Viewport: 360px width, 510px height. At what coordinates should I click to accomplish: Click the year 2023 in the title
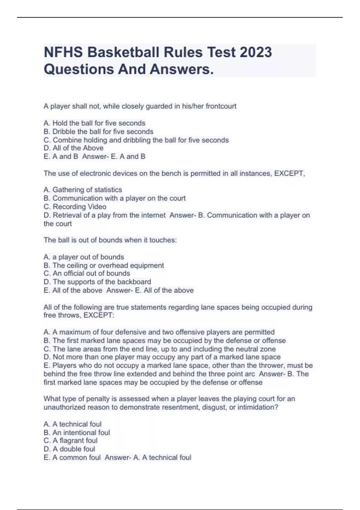[256, 52]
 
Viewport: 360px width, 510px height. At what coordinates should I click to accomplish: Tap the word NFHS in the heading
[63, 52]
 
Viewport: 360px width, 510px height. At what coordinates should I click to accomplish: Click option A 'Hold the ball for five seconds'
[94, 123]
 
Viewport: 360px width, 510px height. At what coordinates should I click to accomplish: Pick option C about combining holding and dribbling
[136, 140]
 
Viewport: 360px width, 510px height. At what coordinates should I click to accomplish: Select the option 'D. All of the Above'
[73, 148]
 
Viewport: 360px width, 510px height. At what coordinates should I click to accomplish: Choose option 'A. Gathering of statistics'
[83, 190]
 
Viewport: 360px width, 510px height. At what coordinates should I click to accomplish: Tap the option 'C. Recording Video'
[75, 207]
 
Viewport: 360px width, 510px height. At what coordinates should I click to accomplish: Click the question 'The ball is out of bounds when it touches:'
[110, 240]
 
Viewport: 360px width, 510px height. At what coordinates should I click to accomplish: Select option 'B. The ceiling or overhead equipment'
[104, 265]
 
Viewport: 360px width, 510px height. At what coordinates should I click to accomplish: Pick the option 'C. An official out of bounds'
[87, 273]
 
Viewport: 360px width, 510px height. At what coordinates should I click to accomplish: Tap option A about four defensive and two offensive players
[159, 332]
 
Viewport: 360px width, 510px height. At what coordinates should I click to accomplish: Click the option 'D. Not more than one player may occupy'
[162, 357]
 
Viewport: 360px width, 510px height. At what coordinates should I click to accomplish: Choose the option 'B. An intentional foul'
[77, 433]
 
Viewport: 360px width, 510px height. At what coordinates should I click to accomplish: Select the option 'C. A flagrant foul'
[70, 440]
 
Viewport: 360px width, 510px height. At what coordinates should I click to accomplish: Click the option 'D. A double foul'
[69, 449]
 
